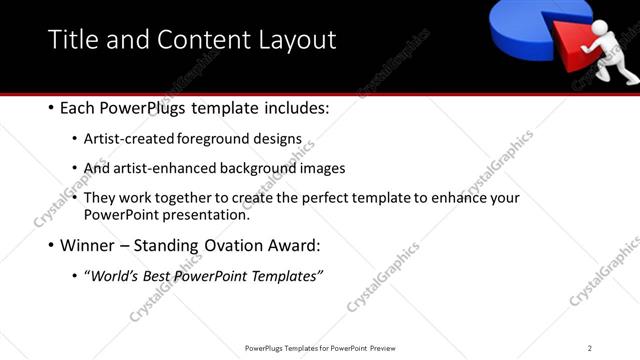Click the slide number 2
590,348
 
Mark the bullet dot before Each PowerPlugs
52,108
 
